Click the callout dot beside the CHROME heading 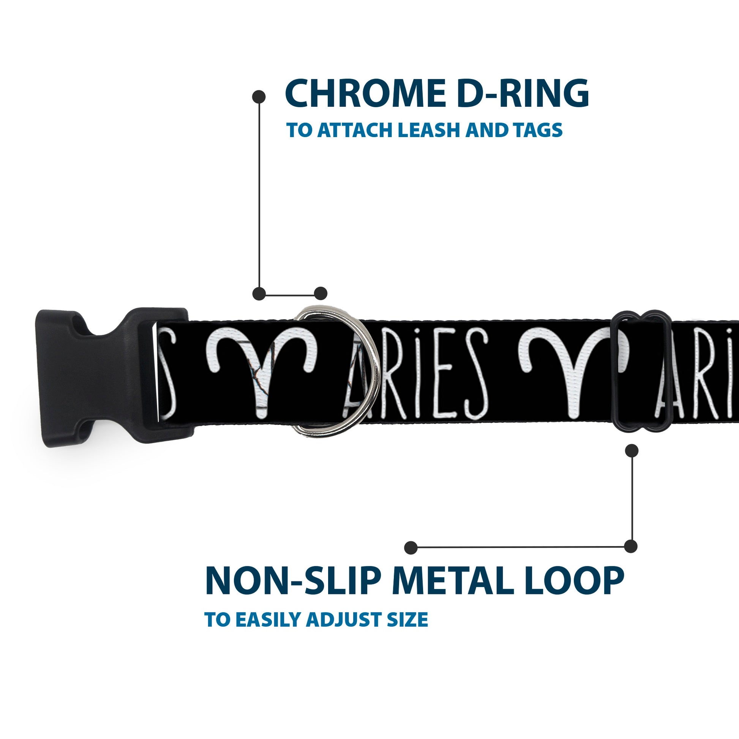(x=259, y=96)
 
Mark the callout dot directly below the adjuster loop (x=632, y=451)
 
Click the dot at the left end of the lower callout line (x=411, y=547)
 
